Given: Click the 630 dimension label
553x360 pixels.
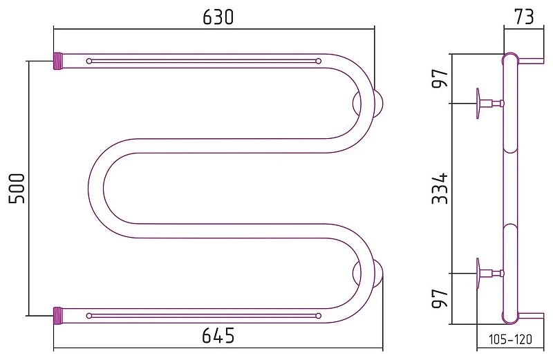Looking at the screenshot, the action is pos(218,17).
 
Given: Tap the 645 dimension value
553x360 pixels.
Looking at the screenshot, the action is pos(218,335).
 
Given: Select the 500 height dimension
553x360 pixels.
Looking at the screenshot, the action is pos(17,188).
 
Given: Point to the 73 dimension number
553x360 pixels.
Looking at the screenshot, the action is pos(524,16).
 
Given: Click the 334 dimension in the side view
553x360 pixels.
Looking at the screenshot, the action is pos(440,188).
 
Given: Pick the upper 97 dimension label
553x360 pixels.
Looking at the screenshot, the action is pos(440,78).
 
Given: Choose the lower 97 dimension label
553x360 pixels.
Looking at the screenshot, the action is pos(440,299).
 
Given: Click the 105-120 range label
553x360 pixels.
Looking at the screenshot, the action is pos(510,339).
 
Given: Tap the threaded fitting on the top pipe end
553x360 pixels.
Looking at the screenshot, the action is pos(58,61).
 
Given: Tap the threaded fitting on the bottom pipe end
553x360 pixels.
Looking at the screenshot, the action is pos(58,316).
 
